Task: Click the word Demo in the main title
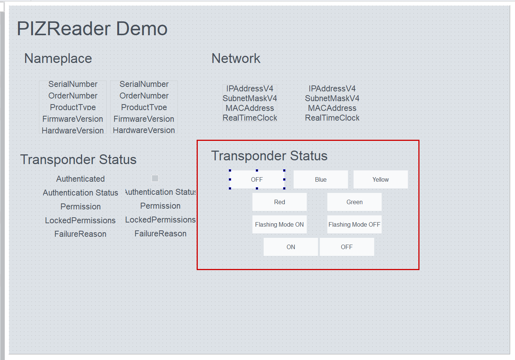coord(142,29)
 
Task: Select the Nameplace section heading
coord(58,58)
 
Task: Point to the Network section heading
coord(236,58)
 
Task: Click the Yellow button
coord(381,179)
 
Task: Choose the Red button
coord(279,202)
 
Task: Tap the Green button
coord(354,202)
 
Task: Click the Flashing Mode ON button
coord(279,225)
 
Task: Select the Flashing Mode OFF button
coord(354,225)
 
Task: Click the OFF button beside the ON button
coord(347,247)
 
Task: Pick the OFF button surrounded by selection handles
coord(257,179)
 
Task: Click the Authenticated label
coord(81,179)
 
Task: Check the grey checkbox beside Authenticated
coord(155,178)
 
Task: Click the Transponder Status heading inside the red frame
coord(269,156)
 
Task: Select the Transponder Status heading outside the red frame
coord(78,160)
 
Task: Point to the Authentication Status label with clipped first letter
coord(160,192)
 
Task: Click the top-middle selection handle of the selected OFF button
coord(257,170)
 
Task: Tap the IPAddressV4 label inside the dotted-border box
coord(250,88)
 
